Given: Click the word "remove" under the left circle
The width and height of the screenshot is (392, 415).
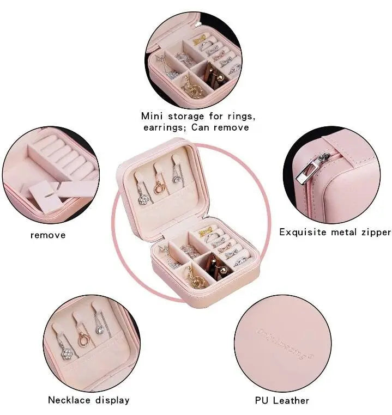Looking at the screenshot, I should tap(48, 235).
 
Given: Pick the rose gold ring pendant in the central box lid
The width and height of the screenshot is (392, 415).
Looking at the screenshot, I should tap(160, 184).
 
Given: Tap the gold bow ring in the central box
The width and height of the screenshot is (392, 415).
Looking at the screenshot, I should tap(206, 233).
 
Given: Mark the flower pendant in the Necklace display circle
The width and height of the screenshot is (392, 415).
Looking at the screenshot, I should tap(65, 352).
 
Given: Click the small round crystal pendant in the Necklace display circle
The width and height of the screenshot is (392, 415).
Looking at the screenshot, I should tap(100, 328).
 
